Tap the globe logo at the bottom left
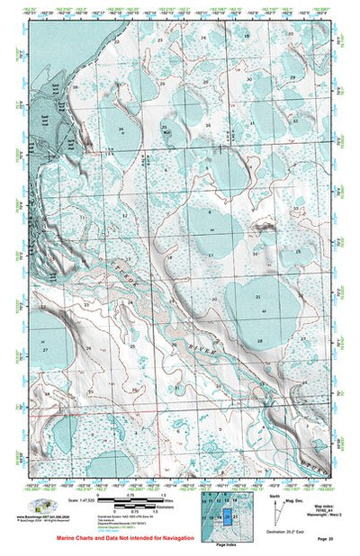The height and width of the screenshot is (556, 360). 42,506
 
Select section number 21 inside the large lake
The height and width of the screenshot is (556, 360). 257,296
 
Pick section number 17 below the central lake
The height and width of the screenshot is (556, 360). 209,256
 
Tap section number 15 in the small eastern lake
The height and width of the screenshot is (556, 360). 297,252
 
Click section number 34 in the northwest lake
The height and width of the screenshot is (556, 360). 121,129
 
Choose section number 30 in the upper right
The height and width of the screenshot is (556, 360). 249,79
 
